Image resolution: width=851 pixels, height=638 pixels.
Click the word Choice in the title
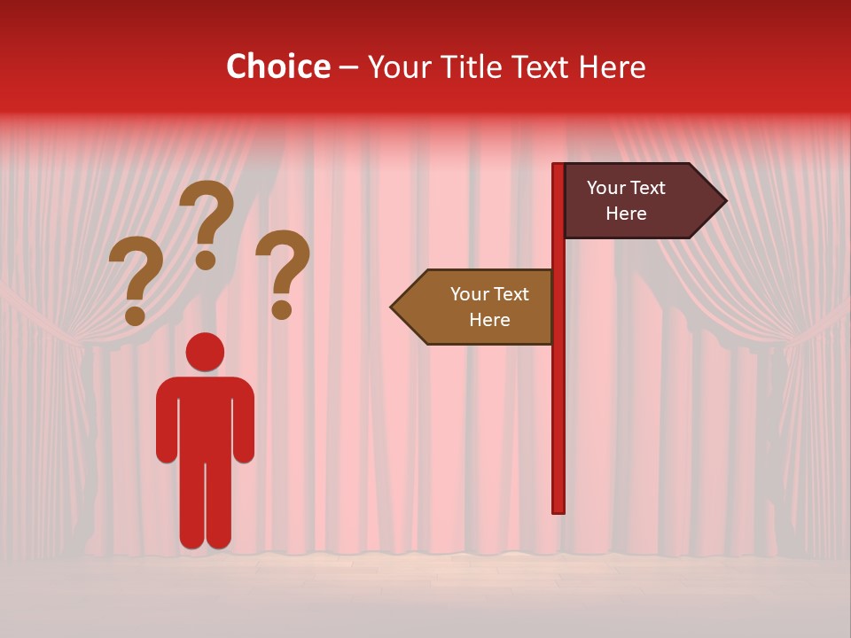click(277, 66)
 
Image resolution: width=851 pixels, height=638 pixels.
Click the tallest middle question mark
click(209, 213)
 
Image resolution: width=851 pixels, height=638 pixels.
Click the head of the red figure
click(205, 352)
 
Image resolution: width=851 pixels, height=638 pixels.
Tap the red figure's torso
click(205, 416)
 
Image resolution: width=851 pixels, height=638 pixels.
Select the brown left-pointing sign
click(479, 307)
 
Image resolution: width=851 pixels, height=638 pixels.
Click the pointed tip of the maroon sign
click(722, 201)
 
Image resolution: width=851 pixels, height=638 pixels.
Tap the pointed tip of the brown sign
click(394, 307)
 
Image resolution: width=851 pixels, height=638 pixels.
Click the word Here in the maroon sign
click(626, 214)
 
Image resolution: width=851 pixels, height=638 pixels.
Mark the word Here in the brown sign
click(489, 320)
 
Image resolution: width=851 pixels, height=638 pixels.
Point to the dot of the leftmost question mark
click(135, 315)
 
